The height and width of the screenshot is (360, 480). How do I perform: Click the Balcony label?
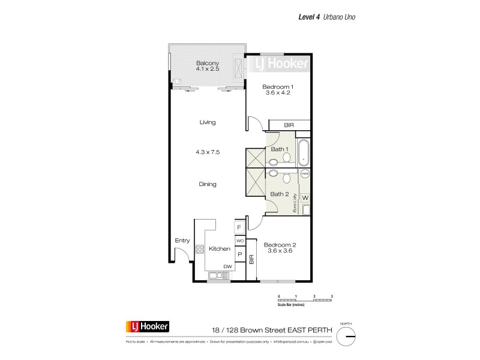click(208, 63)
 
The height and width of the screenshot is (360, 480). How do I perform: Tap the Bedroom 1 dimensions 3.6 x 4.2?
click(277, 93)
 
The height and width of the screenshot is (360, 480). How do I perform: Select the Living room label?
click(208, 122)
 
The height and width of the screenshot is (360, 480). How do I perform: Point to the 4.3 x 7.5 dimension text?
click(208, 152)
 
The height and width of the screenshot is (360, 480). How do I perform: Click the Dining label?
click(208, 184)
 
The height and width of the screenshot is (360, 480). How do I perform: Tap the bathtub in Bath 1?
click(303, 152)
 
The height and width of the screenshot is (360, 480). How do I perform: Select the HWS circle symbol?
click(305, 173)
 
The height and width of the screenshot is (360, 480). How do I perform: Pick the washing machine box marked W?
click(305, 197)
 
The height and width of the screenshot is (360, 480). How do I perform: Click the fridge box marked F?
click(239, 227)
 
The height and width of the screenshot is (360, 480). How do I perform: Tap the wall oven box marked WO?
click(239, 241)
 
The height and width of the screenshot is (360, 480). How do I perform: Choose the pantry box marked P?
click(239, 254)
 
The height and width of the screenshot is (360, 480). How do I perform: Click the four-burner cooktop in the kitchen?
click(200, 249)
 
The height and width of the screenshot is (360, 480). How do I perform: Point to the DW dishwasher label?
click(227, 266)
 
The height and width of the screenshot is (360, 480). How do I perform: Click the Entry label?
click(182, 241)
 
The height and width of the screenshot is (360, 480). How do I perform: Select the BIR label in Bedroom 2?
click(252, 260)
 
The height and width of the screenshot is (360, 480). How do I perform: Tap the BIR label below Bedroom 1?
click(289, 125)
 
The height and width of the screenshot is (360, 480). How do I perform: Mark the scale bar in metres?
click(305, 301)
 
